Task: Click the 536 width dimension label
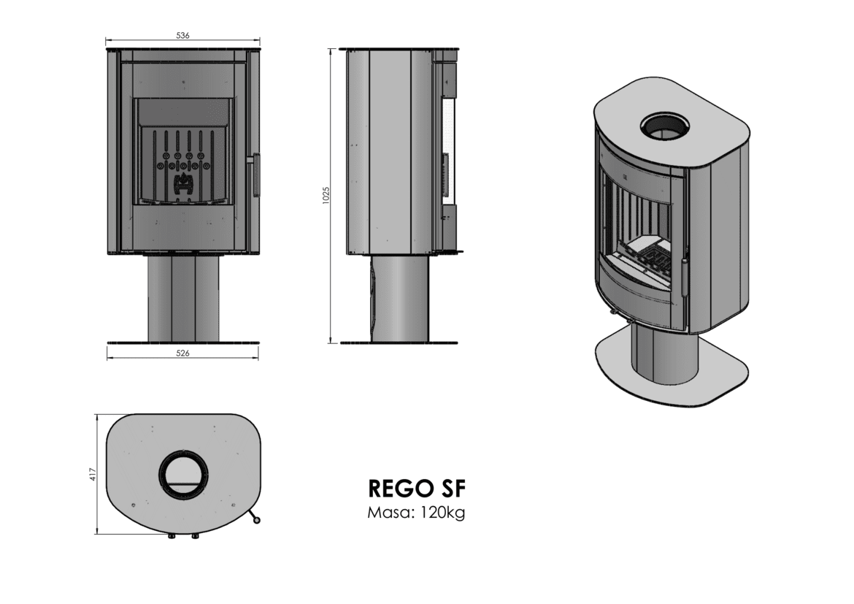click(x=183, y=34)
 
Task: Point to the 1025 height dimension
click(x=327, y=195)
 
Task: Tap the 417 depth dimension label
click(x=92, y=473)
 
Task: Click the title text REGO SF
click(x=416, y=488)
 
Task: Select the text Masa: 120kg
click(x=416, y=513)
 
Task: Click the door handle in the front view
click(x=255, y=175)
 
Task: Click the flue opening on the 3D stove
click(x=666, y=126)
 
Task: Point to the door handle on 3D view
click(x=685, y=276)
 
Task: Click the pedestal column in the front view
click(x=183, y=297)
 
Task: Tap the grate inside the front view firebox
click(x=183, y=168)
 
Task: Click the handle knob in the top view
click(x=256, y=520)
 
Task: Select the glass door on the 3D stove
click(x=639, y=234)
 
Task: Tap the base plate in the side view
click(x=399, y=342)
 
